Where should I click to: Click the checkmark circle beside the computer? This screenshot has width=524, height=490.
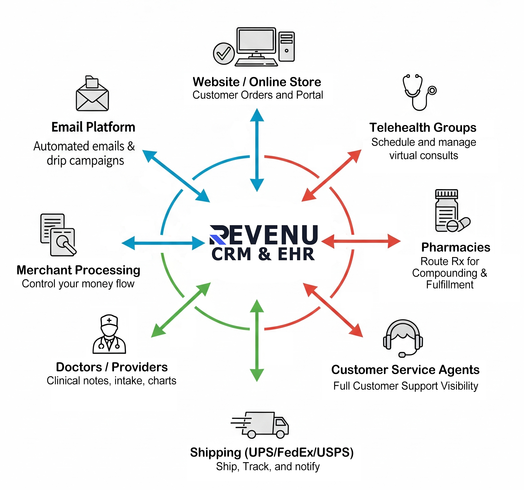click(x=224, y=54)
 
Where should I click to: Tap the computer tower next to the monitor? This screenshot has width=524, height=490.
click(x=287, y=46)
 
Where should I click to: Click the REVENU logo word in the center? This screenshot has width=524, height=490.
click(x=264, y=235)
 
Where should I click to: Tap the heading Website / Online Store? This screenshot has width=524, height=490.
click(x=257, y=82)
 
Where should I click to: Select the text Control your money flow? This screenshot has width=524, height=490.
click(x=78, y=284)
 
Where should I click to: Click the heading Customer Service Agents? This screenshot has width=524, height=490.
click(x=405, y=369)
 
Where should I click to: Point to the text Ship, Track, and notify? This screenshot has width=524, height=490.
click(x=268, y=466)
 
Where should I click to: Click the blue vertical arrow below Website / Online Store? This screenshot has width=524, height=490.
click(x=257, y=150)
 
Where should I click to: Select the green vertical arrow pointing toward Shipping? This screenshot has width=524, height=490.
click(x=257, y=341)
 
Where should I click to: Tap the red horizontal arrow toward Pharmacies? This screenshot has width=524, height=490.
click(x=361, y=241)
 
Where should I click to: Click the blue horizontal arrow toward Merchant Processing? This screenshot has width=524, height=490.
click(x=163, y=243)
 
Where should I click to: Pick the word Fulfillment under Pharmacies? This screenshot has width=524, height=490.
click(x=450, y=285)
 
